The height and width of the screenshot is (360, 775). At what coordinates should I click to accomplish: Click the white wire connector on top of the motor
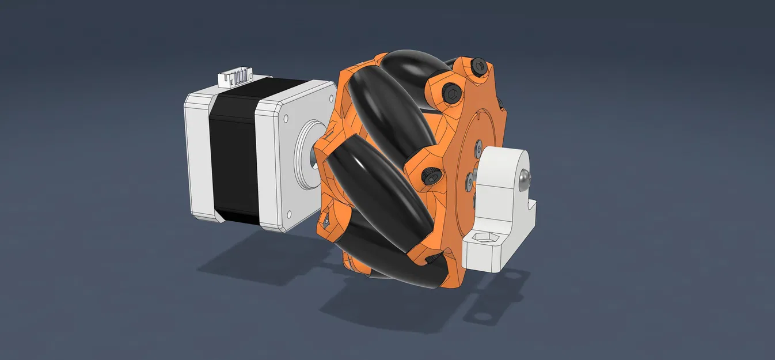point(235,77)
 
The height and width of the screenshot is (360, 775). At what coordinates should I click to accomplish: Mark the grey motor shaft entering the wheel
point(316,154)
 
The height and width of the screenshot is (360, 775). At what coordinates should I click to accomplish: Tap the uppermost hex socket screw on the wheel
point(478,67)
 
